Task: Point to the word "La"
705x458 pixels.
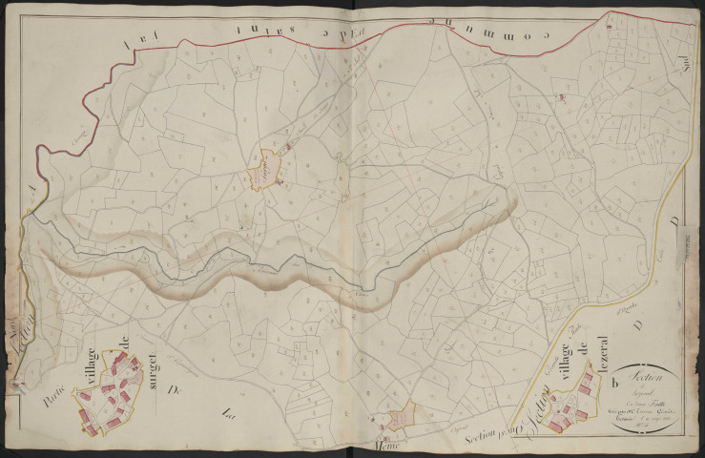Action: pos(227,414)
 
